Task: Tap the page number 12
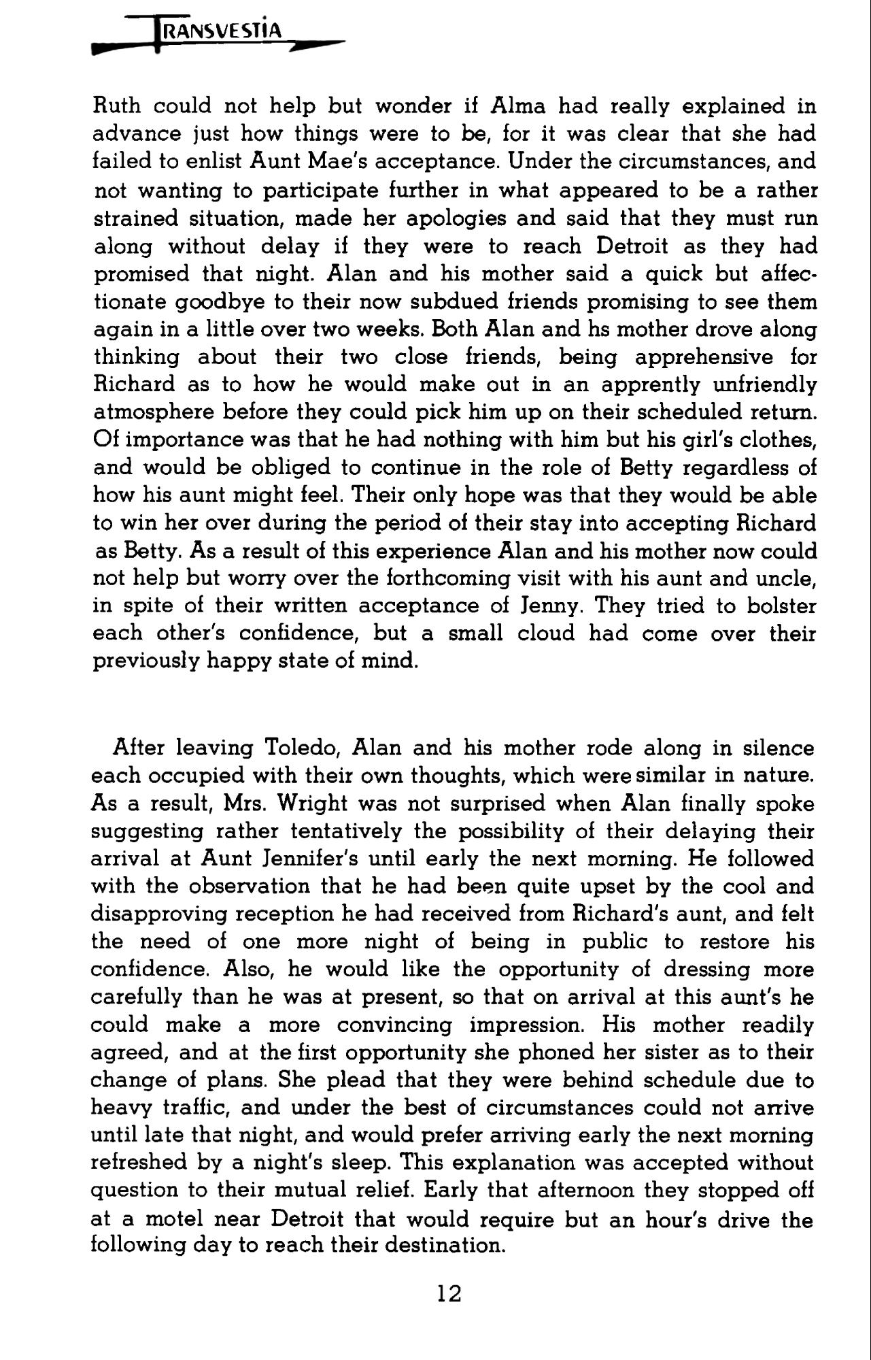pyautogui.click(x=449, y=1293)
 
